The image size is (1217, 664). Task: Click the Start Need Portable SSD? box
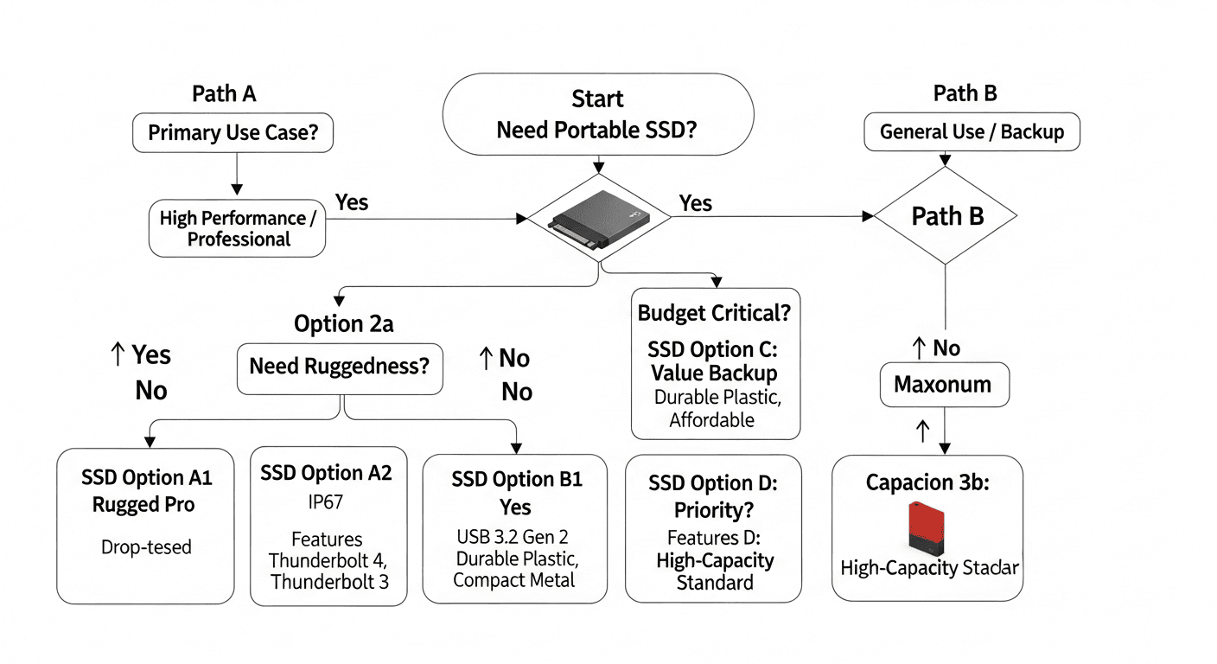pyautogui.click(x=597, y=113)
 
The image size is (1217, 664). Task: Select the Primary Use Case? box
pyautogui.click(x=233, y=134)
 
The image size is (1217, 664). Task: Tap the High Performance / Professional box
pyautogui.click(x=238, y=228)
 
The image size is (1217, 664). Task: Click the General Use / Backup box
pyautogui.click(x=972, y=133)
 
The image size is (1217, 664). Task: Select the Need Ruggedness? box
pyautogui.click(x=339, y=366)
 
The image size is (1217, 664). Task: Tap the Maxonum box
pyautogui.click(x=943, y=384)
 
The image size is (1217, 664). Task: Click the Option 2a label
pyautogui.click(x=344, y=324)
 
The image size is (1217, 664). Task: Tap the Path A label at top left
pyautogui.click(x=224, y=94)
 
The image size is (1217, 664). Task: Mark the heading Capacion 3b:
pyautogui.click(x=927, y=482)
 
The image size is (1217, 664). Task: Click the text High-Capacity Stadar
pyautogui.click(x=929, y=568)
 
